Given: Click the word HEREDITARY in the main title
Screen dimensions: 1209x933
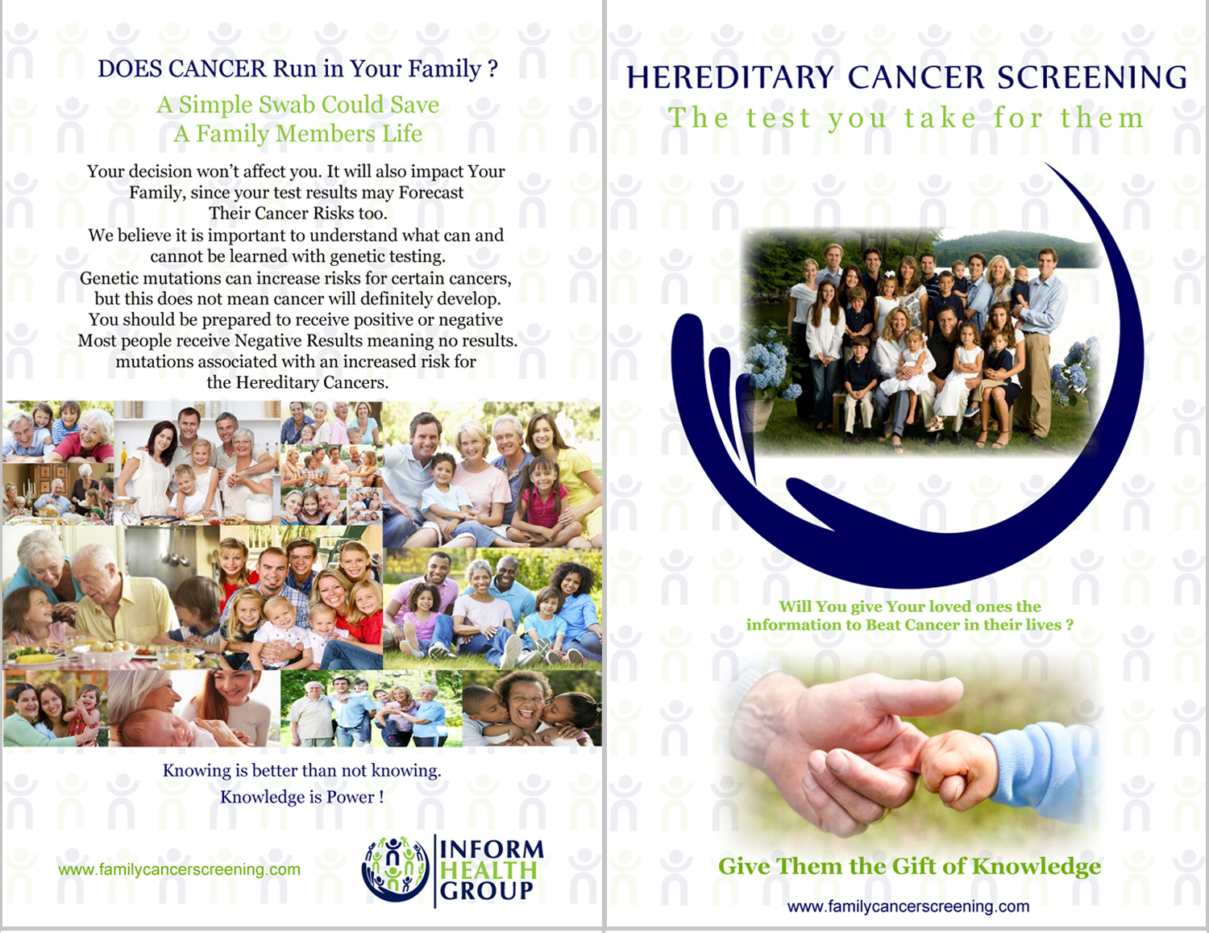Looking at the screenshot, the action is tap(730, 77).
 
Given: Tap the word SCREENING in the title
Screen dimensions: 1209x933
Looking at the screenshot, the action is tap(1092, 77).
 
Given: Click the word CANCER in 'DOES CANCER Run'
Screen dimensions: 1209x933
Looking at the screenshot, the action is tap(218, 69).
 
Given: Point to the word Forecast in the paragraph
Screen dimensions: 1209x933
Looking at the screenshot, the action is tap(430, 193).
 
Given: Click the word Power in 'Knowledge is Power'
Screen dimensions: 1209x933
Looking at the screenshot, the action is tap(351, 798).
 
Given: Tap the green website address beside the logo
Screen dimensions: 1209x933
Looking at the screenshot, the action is tap(179, 869).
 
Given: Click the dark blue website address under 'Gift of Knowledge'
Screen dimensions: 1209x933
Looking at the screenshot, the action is tap(908, 906).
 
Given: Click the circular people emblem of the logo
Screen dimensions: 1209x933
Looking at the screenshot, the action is tap(395, 869).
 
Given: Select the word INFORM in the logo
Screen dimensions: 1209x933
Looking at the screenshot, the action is tap(492, 849).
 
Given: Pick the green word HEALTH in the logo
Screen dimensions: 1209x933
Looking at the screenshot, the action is tap(488, 870).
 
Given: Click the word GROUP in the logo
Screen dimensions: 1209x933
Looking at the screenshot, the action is tap(486, 891).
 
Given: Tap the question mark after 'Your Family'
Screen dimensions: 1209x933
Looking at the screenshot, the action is tap(492, 69).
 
